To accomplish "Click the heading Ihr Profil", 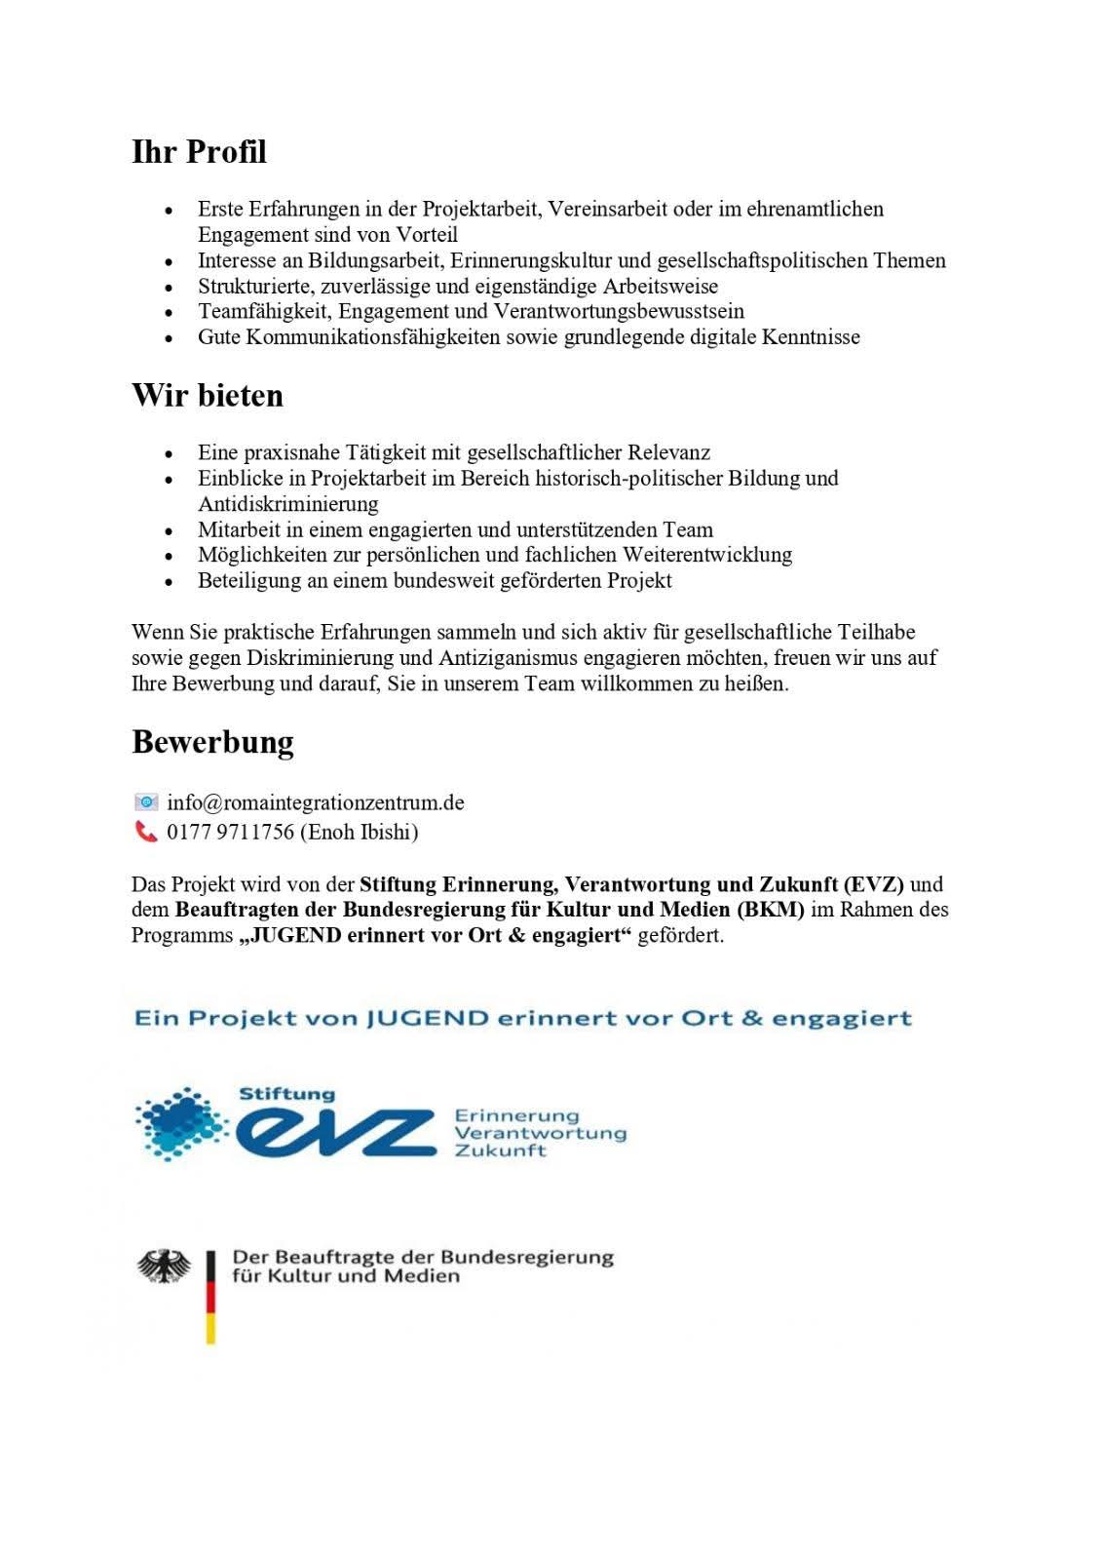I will [199, 152].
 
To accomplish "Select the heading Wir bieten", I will [208, 396].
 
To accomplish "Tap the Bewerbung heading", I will [212, 742].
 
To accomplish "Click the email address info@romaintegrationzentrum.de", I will [316, 802].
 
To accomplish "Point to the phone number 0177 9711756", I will [230, 832].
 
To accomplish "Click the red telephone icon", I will [146, 832].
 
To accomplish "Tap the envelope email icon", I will [146, 802].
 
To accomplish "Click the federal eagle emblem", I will [164, 1267].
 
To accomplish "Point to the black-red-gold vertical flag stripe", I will [210, 1297].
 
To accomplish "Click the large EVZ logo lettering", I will [336, 1132].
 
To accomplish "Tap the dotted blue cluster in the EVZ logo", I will [181, 1123].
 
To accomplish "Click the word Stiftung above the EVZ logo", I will [286, 1094].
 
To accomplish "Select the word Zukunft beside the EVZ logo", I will [501, 1150].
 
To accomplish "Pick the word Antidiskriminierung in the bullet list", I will [288, 504].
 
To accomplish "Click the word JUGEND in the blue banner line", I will [427, 1019].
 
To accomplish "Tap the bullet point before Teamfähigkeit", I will [170, 312].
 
